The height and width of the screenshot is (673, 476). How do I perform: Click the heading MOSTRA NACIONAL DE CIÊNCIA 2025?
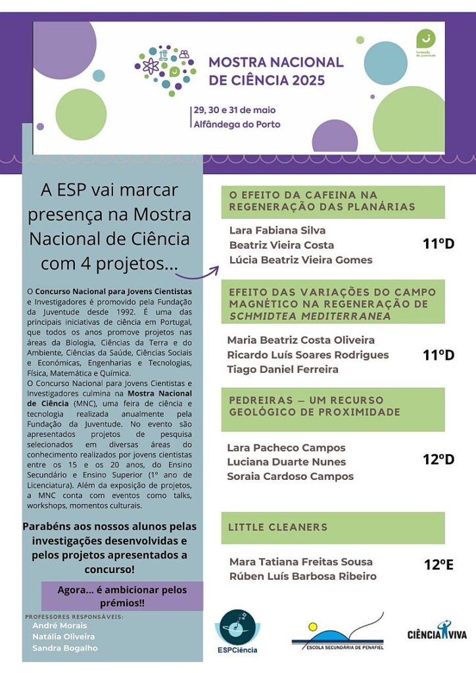tap(275, 71)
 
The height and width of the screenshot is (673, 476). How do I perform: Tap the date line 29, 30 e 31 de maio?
tap(234, 109)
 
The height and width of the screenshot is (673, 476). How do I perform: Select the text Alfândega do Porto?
tap(236, 124)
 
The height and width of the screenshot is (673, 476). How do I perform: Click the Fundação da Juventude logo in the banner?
tap(426, 42)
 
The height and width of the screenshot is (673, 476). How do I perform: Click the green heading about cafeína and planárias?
tap(332, 201)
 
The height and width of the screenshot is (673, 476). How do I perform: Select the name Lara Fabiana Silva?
tap(277, 231)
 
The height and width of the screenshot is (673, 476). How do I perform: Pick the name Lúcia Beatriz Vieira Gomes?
tap(300, 260)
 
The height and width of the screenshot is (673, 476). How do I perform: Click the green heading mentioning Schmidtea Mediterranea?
tap(332, 304)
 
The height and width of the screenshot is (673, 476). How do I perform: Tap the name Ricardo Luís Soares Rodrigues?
tap(308, 355)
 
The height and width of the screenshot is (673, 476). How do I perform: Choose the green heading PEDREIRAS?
tap(332, 406)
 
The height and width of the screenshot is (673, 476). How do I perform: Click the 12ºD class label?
tap(438, 459)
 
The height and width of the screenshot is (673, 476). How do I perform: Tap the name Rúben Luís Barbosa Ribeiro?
tap(302, 576)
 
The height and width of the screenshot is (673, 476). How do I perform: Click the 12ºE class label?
tap(438, 565)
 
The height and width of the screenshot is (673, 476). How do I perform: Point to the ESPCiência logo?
tap(237, 632)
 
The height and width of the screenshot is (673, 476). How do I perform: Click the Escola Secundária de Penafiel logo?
tap(337, 633)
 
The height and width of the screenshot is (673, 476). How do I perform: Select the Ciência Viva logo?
tap(437, 632)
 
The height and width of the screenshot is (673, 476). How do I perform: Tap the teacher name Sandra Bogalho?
tap(64, 648)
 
